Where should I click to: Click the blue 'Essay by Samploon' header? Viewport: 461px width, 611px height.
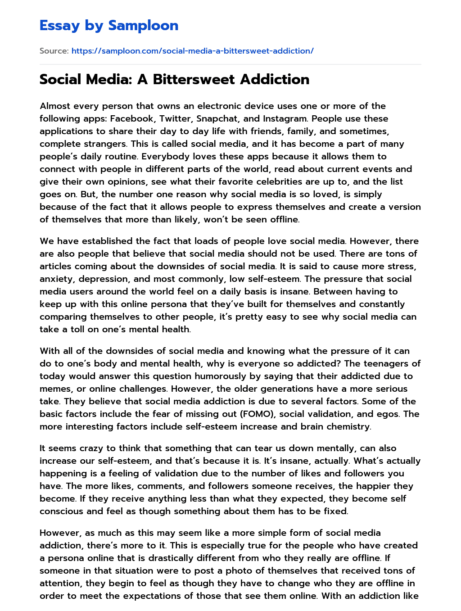108,26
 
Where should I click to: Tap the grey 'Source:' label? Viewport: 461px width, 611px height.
54,51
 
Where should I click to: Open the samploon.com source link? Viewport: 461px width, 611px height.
192,51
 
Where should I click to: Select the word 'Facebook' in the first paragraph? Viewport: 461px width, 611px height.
131,118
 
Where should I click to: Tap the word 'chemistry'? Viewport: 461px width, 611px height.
347,426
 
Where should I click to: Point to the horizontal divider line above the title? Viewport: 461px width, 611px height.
230,64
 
